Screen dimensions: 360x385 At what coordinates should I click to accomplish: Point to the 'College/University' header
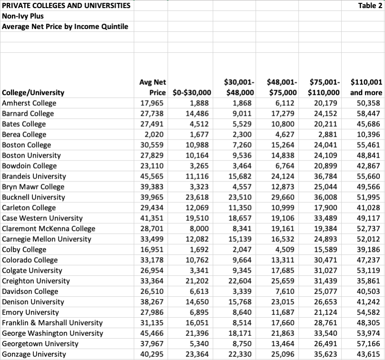coord(33,92)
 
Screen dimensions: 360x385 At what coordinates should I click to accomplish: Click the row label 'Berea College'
coord(25,134)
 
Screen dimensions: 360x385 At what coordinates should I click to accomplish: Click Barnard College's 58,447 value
coord(368,113)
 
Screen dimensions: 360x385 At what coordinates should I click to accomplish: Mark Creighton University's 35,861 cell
coord(368,281)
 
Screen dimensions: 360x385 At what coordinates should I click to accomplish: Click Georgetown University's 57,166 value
coord(368,344)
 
